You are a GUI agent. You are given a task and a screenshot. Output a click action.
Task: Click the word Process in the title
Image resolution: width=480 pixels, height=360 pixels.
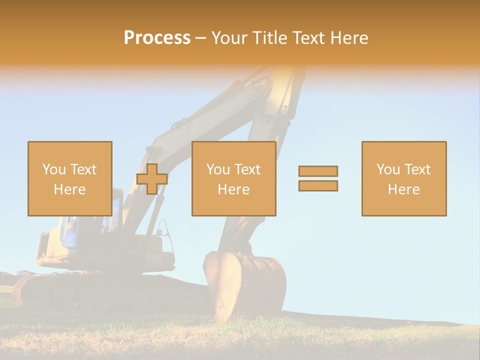(157, 38)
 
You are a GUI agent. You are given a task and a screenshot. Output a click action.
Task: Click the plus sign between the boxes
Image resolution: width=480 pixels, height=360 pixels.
(152, 179)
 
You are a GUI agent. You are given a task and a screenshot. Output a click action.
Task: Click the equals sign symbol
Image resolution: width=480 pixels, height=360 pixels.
(318, 178)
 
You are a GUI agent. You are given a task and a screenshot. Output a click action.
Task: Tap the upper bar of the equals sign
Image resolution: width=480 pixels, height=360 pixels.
(318, 171)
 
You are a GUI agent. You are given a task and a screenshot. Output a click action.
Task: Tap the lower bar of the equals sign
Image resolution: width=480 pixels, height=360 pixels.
(318, 186)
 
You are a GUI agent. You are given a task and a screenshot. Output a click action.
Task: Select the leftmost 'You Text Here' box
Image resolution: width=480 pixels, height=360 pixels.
(70, 178)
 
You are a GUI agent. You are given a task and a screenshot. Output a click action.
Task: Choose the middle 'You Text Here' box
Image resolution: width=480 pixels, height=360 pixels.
(233, 178)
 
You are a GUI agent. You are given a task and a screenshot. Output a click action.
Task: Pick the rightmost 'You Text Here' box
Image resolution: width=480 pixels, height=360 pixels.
(404, 178)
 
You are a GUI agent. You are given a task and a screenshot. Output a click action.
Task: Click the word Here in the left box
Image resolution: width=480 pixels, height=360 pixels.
(70, 189)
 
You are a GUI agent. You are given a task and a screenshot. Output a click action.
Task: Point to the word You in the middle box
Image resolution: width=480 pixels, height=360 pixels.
(218, 169)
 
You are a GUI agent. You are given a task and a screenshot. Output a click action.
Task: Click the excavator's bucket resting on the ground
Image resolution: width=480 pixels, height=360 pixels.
(245, 282)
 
